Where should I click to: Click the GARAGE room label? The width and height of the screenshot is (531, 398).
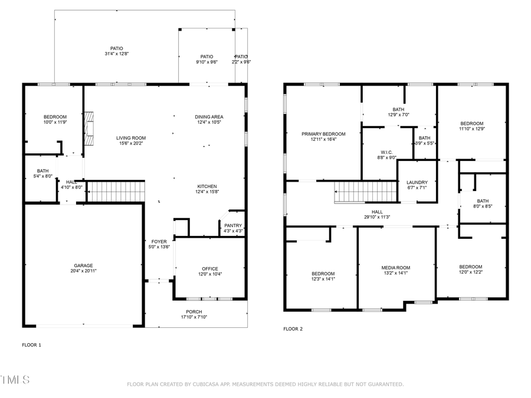tap(83, 265)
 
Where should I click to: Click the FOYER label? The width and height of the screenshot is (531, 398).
tap(159, 241)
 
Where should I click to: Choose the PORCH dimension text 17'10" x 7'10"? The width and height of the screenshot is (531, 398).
tap(194, 317)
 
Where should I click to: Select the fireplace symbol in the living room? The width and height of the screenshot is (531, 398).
tap(88, 128)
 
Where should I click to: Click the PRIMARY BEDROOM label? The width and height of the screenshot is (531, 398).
tap(323, 134)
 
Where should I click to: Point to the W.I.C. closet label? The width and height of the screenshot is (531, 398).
tap(386, 152)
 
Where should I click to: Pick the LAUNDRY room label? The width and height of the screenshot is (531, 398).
tap(417, 182)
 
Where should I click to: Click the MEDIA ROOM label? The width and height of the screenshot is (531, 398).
tap(395, 268)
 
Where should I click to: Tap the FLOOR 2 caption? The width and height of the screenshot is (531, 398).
tap(293, 329)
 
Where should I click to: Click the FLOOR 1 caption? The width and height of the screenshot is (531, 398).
tap(31, 344)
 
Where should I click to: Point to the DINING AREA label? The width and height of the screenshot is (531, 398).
tap(209, 117)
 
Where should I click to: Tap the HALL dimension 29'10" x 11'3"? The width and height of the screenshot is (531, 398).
tap(377, 217)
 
